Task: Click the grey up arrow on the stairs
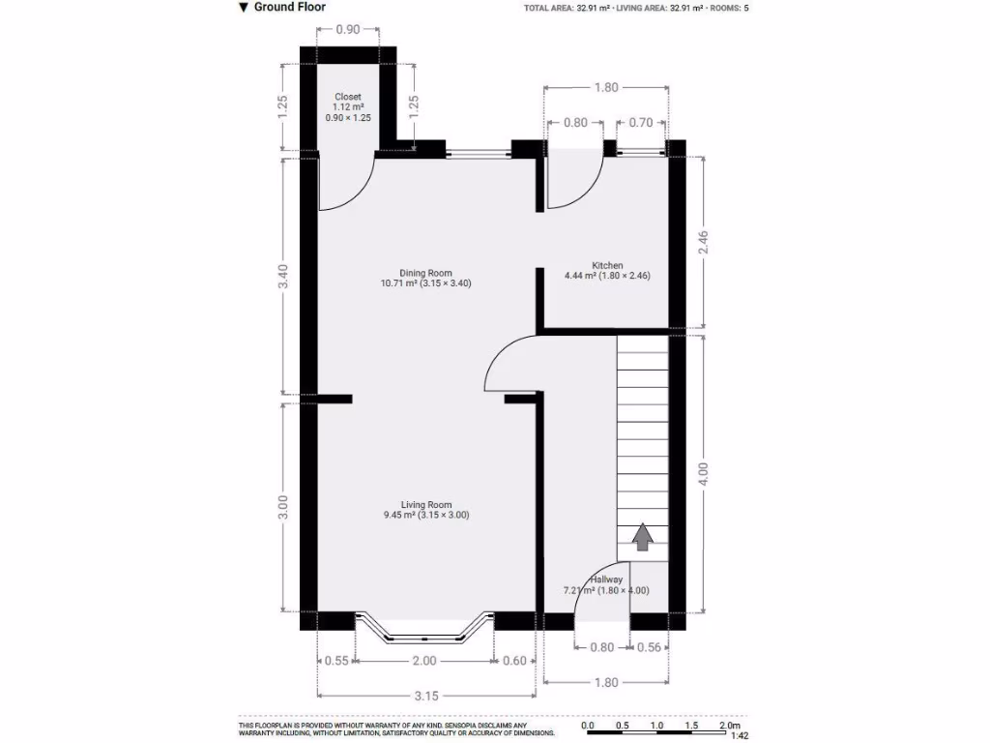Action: point(641,537)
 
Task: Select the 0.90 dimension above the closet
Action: point(347,30)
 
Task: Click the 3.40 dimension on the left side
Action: point(282,277)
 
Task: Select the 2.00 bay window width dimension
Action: point(424,661)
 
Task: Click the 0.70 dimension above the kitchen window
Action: point(640,123)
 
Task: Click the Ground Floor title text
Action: point(289,7)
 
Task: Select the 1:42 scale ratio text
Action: point(740,736)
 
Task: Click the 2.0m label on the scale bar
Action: point(728,725)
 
